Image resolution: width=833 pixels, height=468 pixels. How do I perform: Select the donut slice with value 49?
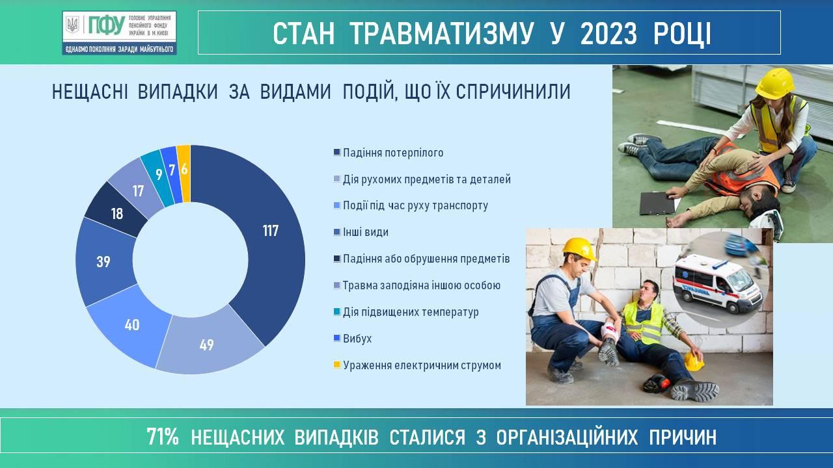click(208, 344)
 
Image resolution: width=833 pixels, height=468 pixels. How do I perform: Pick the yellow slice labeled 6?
click(184, 171)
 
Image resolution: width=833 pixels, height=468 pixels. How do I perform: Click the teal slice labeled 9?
click(158, 175)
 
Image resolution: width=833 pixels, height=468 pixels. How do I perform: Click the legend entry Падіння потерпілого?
click(389, 153)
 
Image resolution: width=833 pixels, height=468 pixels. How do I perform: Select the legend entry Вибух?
click(353, 339)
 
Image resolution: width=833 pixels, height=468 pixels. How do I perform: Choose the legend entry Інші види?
click(361, 232)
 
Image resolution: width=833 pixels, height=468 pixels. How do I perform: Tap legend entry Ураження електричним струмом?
click(417, 365)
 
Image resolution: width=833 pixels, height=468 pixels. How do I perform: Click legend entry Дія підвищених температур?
click(406, 312)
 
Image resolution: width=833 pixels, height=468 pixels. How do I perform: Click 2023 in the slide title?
click(608, 34)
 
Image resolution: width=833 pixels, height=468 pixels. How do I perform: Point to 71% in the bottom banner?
click(163, 437)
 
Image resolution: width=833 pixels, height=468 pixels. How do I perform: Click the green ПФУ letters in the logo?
click(106, 26)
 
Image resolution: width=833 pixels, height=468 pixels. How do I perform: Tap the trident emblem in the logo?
click(73, 25)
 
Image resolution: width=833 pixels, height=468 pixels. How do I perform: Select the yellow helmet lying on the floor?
click(694, 361)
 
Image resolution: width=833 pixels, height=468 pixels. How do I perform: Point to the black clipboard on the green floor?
click(657, 203)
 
